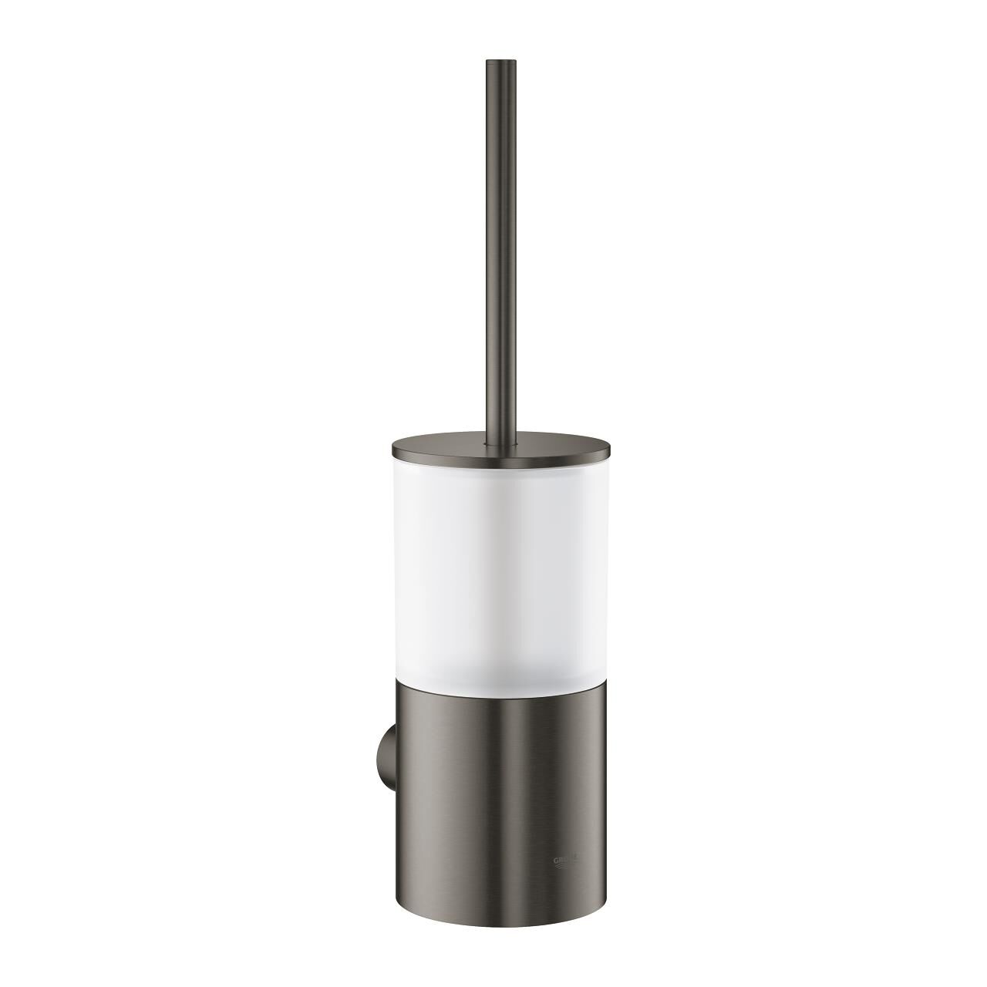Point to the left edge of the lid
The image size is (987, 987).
(x=394, y=446)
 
